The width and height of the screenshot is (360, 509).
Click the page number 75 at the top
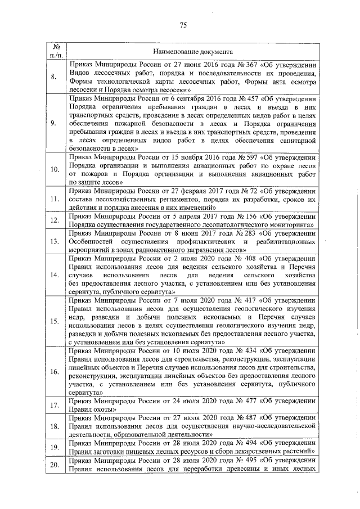pyautogui.click(x=183, y=25)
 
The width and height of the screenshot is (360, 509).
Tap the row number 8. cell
pyautogui.click(x=54, y=77)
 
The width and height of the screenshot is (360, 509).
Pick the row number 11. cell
pyautogui.click(x=54, y=199)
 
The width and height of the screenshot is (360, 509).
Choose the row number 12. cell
pyautogui.click(x=54, y=222)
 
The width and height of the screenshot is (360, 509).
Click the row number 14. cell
pyautogui.click(x=54, y=275)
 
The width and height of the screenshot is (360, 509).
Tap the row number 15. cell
pyautogui.click(x=54, y=321)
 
